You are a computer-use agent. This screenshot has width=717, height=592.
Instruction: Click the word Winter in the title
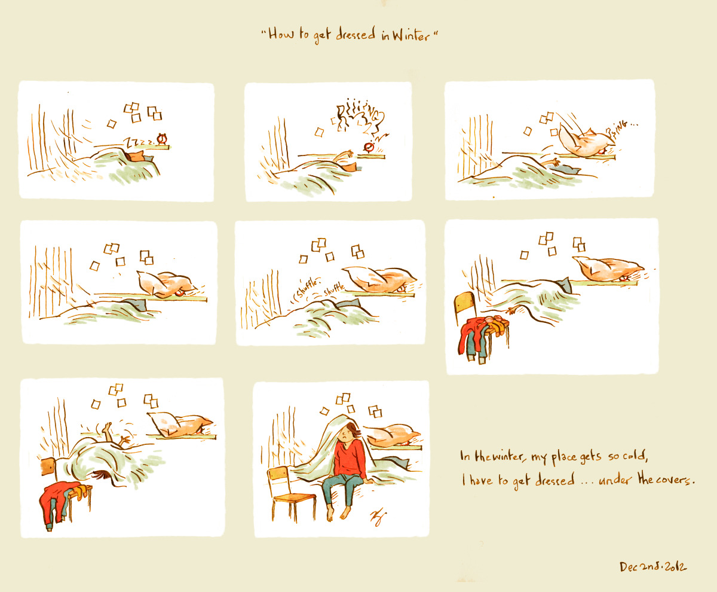coord(410,35)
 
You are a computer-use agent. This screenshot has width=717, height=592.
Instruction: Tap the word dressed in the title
coord(356,34)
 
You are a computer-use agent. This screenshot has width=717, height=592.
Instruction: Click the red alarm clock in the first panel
coord(162,139)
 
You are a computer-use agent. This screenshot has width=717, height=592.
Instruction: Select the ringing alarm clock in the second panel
coord(369,147)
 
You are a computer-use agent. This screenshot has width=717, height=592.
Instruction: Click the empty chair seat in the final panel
coord(294,498)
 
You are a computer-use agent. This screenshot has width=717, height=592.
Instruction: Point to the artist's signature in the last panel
coord(378,517)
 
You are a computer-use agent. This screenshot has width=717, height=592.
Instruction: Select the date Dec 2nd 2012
coord(653,567)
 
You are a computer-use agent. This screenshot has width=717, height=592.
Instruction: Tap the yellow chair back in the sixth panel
coord(465,302)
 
